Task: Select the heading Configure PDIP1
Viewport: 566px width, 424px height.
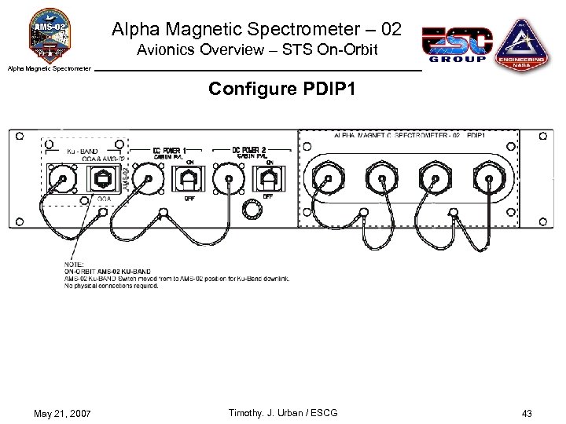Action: (x=282, y=90)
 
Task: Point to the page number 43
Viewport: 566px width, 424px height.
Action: (x=526, y=413)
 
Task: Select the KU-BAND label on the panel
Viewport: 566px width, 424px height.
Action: (x=83, y=151)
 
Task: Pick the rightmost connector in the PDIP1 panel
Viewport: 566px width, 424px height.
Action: (x=488, y=179)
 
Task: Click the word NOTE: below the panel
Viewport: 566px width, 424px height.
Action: (x=73, y=265)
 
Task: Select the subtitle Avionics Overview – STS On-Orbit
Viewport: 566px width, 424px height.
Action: (x=257, y=51)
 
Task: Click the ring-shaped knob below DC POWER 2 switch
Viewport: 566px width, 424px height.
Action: (x=251, y=209)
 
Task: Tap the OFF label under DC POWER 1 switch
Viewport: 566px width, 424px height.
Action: (x=189, y=199)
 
